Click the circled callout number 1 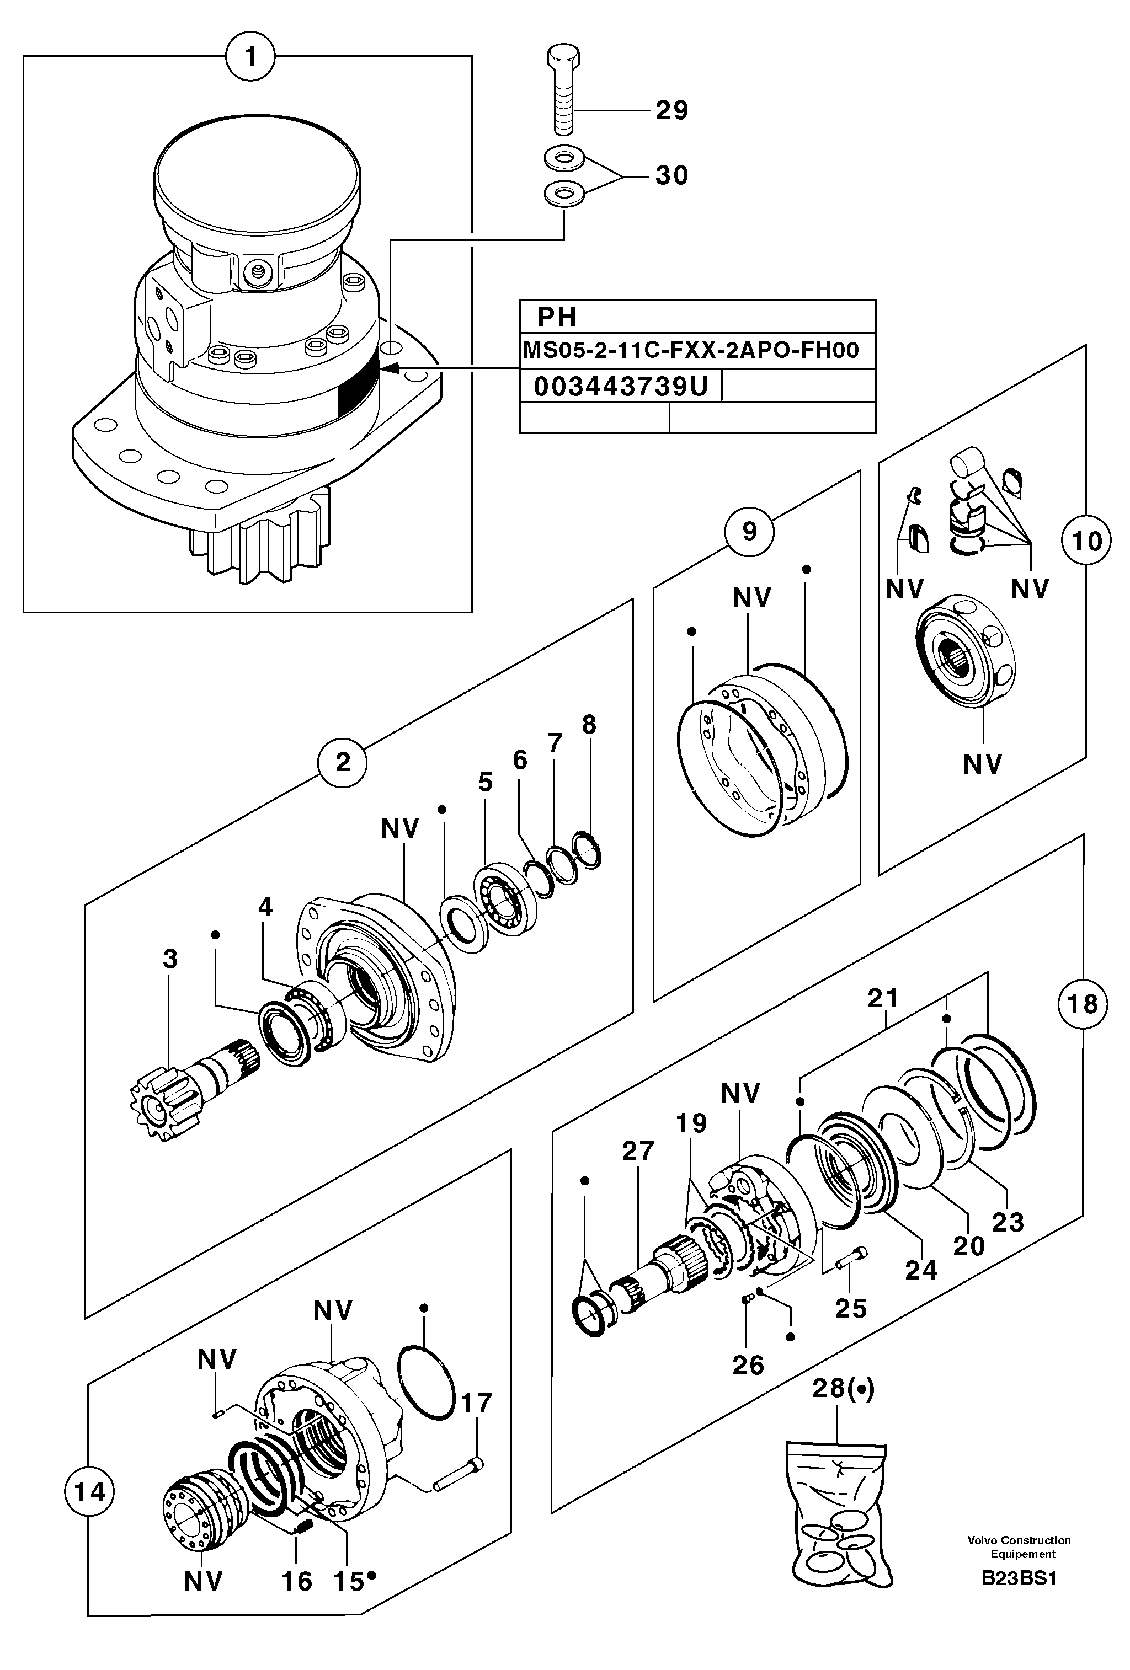tap(249, 56)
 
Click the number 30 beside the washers tap(671, 175)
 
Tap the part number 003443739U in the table tap(620, 387)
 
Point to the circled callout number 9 tap(749, 532)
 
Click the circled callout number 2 tap(343, 762)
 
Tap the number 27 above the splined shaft tap(638, 1150)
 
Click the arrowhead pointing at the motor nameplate tap(391, 368)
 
